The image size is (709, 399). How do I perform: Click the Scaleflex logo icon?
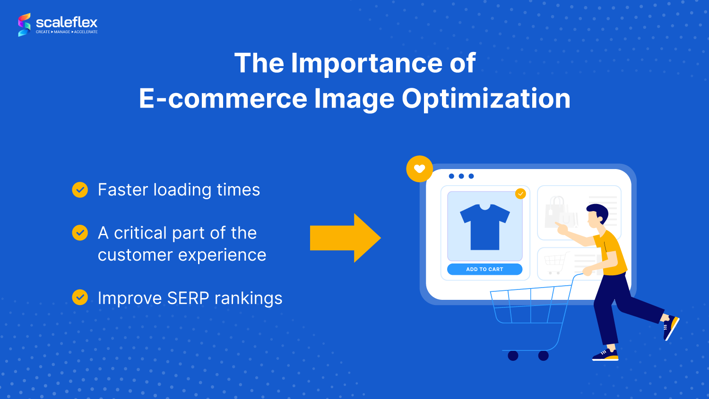pyautogui.click(x=24, y=25)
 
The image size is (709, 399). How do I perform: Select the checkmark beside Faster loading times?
pyautogui.click(x=80, y=190)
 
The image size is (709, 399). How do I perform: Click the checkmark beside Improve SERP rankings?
pyautogui.click(x=80, y=297)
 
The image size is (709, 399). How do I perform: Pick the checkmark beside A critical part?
pyautogui.click(x=80, y=233)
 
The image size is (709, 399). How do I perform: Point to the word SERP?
pyautogui.click(x=188, y=298)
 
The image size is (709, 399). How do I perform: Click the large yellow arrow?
pyautogui.click(x=345, y=238)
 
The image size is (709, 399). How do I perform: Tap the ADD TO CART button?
pyautogui.click(x=484, y=269)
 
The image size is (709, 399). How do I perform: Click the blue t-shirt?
pyautogui.click(x=484, y=226)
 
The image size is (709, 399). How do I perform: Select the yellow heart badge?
pyautogui.click(x=419, y=169)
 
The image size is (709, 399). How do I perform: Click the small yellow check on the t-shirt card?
pyautogui.click(x=520, y=194)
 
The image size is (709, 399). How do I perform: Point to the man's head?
pyautogui.click(x=597, y=215)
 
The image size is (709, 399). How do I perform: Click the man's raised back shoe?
pyautogui.click(x=671, y=326)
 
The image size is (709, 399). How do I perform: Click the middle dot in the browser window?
pyautogui.click(x=461, y=176)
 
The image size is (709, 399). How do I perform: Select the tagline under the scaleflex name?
pyautogui.click(x=67, y=32)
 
